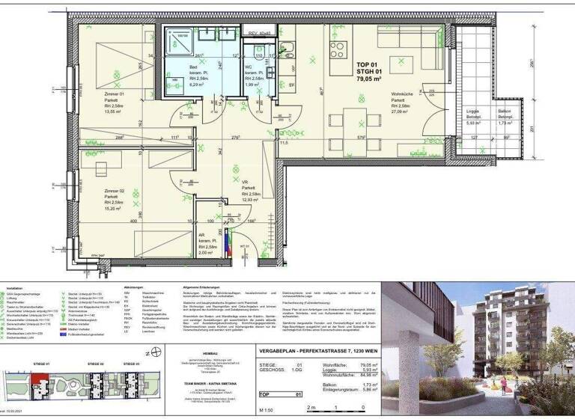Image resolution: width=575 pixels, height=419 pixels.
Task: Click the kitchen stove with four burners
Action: click(338, 50)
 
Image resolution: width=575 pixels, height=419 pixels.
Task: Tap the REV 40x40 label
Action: click(263, 34)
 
